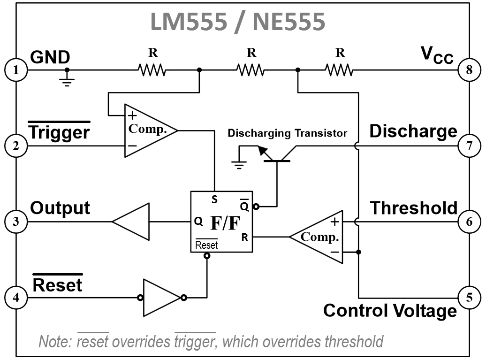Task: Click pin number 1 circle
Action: [x=16, y=70]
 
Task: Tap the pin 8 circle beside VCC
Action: [x=469, y=70]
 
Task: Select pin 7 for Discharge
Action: [x=469, y=146]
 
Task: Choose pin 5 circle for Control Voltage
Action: [x=469, y=297]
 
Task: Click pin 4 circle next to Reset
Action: [x=16, y=297]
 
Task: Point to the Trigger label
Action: [x=59, y=132]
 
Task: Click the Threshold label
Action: [x=414, y=208]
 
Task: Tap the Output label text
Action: [x=60, y=207]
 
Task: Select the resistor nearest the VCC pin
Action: [x=339, y=70]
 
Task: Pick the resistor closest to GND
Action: [x=152, y=70]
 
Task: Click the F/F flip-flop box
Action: [x=221, y=222]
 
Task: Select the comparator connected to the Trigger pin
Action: [x=148, y=130]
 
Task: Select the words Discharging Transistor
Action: [x=287, y=133]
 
